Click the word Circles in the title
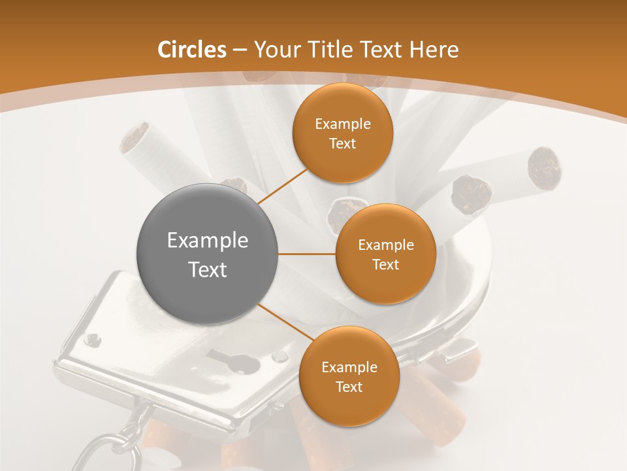pyautogui.click(x=192, y=50)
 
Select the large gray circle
pyautogui.click(x=208, y=254)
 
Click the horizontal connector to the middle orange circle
pyautogui.click(x=307, y=254)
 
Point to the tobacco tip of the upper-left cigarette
pyautogui.click(x=136, y=135)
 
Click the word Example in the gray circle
pyautogui.click(x=208, y=241)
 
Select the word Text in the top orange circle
pyautogui.click(x=342, y=144)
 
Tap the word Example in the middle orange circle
pyautogui.click(x=385, y=245)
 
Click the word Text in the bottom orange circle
pyautogui.click(x=349, y=387)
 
